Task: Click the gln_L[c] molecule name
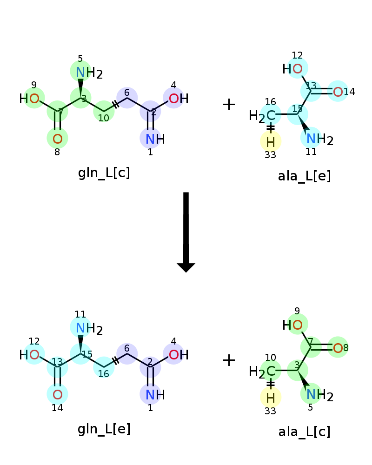point(104,173)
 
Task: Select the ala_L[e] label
point(304,176)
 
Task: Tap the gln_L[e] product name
point(104,429)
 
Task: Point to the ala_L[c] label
point(304,432)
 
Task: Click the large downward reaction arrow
point(186,232)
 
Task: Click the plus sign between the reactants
point(229,104)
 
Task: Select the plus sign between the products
point(229,360)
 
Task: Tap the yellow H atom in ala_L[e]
point(271,142)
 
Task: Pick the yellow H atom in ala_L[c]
point(271,398)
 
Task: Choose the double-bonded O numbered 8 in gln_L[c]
point(58,139)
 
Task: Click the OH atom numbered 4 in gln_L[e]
point(179,354)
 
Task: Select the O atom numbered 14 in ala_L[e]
point(338,92)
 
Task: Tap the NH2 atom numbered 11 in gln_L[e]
point(89,328)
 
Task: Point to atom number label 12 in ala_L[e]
point(297,55)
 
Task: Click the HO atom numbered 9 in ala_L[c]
point(292,325)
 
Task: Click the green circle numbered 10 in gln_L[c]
point(104,111)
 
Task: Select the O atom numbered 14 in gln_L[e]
point(58,394)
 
